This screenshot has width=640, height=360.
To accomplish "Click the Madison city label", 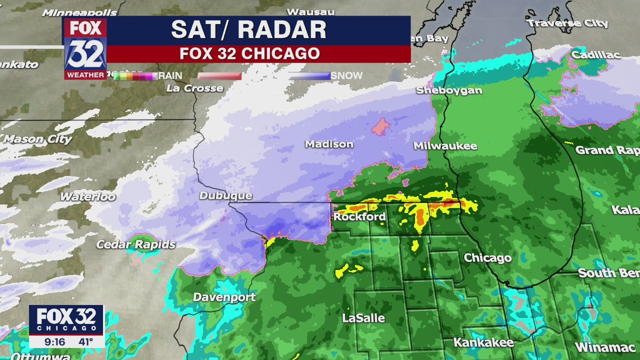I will pyautogui.click(x=329, y=144).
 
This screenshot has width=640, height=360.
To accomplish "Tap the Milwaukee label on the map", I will pyautogui.click(x=445, y=146).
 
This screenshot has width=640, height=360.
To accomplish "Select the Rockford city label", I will pyautogui.click(x=359, y=216).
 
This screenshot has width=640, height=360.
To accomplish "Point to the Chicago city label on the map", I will pyautogui.click(x=487, y=258).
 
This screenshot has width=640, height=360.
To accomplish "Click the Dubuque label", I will pyautogui.click(x=225, y=195).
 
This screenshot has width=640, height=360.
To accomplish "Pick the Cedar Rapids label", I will pyautogui.click(x=135, y=244).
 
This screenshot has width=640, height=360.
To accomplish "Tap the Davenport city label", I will pyautogui.click(x=224, y=297).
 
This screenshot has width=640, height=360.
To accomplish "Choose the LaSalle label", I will pyautogui.click(x=363, y=318).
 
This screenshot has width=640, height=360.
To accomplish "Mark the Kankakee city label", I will pyautogui.click(x=483, y=342).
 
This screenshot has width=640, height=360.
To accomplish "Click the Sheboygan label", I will pyautogui.click(x=449, y=90).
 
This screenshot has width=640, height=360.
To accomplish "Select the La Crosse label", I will pyautogui.click(x=194, y=88).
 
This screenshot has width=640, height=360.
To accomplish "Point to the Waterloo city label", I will pyautogui.click(x=87, y=196).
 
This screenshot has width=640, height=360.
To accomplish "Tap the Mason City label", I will pyautogui.click(x=37, y=139).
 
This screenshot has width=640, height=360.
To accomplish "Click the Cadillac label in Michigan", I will pyautogui.click(x=595, y=55).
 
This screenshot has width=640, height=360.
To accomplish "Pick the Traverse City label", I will pyautogui.click(x=567, y=23).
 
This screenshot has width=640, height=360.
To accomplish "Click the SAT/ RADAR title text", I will pyautogui.click(x=248, y=30).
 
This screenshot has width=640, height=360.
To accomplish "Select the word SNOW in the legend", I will pyautogui.click(x=346, y=76).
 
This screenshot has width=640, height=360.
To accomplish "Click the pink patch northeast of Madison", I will pyautogui.click(x=381, y=127).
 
